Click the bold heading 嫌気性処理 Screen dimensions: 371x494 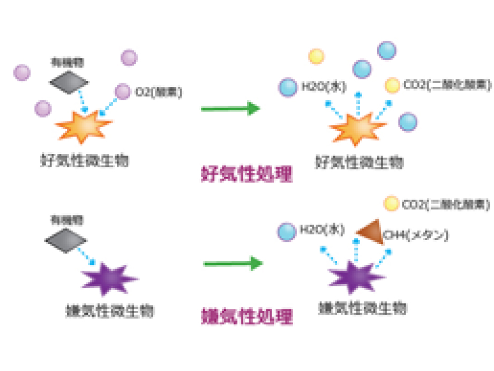tap(247, 316)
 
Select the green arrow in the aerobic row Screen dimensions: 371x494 tap(230, 109)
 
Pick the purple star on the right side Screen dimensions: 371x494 tap(356, 277)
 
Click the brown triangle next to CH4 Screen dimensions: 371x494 tap(372, 232)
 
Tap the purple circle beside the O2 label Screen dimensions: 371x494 tap(123, 92)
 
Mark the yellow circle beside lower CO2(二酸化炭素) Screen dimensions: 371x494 tap(392, 204)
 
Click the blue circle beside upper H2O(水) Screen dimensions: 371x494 tap(288, 87)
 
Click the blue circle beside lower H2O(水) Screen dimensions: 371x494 tap(287, 231)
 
